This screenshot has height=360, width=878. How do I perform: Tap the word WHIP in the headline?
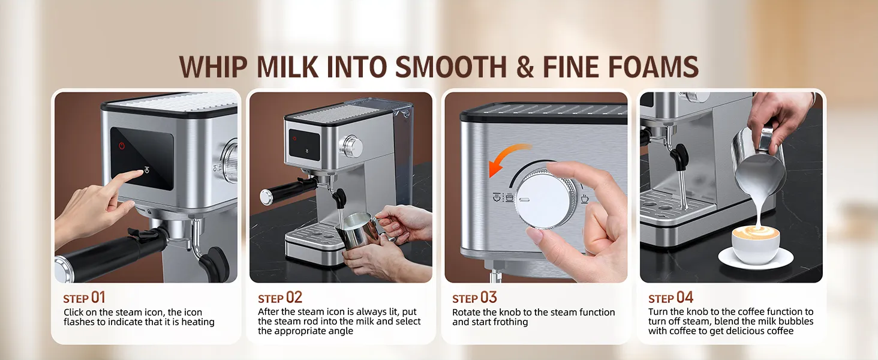click(x=214, y=67)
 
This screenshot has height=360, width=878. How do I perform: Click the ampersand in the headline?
click(x=525, y=67)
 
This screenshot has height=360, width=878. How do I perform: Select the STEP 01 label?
click(x=85, y=298)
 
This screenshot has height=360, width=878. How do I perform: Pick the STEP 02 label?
click(x=280, y=298)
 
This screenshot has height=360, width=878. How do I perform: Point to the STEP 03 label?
click(x=474, y=298)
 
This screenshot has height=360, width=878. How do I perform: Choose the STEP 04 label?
click(x=670, y=298)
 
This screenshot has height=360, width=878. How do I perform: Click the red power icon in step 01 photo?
click(x=122, y=146)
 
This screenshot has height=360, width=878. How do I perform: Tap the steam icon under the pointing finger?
click(x=147, y=170)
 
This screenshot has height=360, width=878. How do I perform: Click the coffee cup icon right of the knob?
click(x=584, y=198)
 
